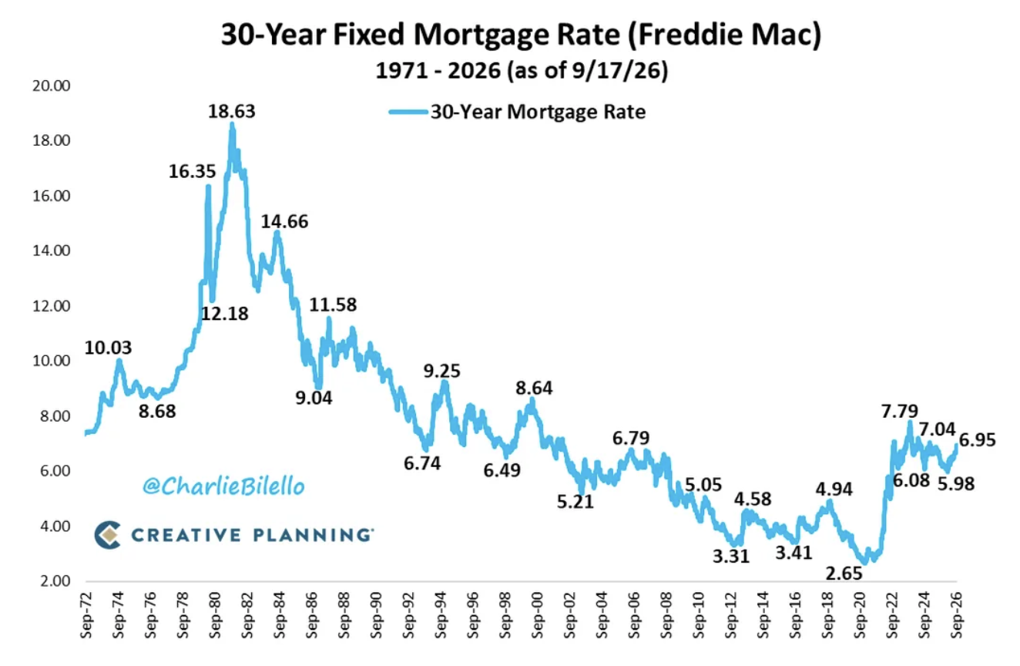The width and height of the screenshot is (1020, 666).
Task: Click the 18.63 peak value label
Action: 232,112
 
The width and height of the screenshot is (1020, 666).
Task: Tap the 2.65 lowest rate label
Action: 844,573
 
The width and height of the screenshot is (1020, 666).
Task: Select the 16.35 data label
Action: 192,172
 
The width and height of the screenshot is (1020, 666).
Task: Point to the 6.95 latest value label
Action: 977,440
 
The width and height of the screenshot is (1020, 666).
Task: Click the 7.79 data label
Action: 899,412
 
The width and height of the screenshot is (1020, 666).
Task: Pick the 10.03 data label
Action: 108,348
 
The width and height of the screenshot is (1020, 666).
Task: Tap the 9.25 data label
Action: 441,372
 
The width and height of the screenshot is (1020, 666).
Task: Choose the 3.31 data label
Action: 731,557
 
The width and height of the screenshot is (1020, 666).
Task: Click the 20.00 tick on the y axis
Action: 51,86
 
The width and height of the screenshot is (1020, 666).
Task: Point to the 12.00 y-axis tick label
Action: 51,306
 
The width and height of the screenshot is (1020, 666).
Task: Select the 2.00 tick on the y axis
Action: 55,580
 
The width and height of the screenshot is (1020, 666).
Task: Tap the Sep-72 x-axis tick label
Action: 86,615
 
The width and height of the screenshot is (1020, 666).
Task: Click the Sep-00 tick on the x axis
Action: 537,615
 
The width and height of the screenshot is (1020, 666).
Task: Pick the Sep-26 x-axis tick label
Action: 956,615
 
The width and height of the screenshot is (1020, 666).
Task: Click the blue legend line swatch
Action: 408,112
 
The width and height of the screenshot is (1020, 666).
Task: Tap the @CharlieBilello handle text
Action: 223,486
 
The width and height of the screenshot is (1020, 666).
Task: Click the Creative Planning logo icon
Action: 108,534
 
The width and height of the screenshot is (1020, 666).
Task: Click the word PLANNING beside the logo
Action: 313,535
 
